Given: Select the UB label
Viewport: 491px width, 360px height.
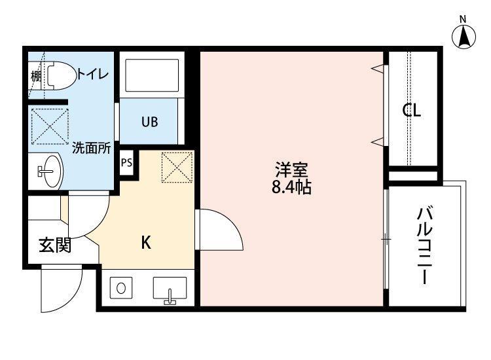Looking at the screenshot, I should click(x=149, y=121).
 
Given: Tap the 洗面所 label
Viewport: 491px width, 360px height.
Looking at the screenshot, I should click(x=90, y=147).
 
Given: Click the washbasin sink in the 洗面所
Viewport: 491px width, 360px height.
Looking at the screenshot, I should click(x=48, y=172).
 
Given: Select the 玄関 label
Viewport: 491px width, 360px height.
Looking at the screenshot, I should click(x=54, y=246).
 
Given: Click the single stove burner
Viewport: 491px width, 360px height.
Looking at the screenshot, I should click(x=122, y=287).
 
